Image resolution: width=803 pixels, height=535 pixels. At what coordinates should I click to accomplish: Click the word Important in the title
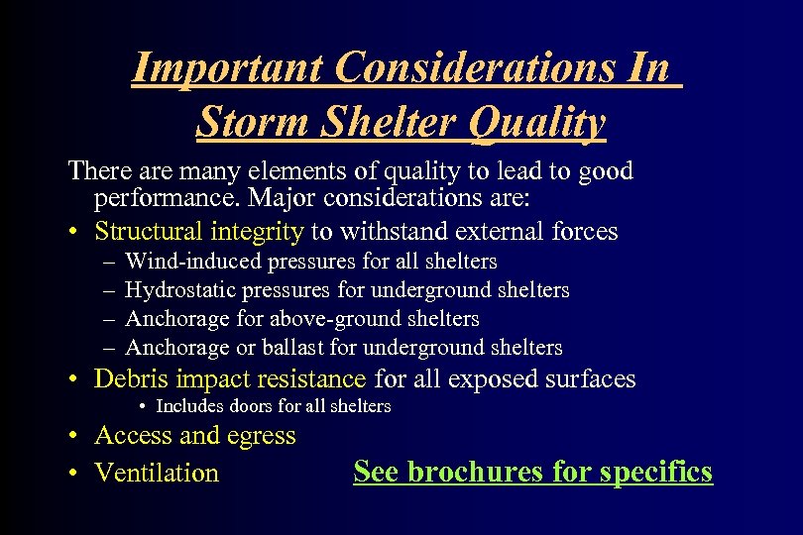coord(228,68)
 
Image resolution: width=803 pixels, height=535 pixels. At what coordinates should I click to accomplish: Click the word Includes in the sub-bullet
coord(188,406)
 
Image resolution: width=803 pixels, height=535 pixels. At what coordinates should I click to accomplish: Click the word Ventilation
coord(157,473)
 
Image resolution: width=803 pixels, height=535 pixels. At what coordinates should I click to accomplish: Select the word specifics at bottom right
coord(662,472)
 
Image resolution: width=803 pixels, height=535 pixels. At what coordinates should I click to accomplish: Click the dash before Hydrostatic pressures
coord(107,290)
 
